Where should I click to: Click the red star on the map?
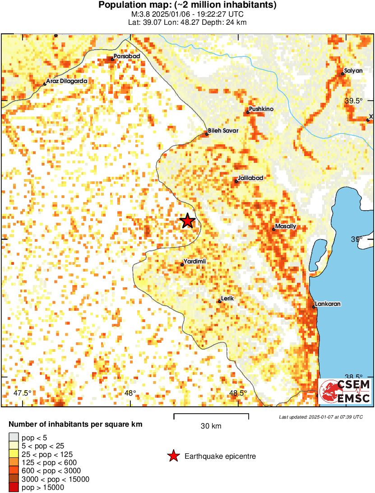pos(187,221)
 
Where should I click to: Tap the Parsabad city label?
pos(127,56)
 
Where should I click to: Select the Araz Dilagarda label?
pos(67,81)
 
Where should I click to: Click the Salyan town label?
pos(353,71)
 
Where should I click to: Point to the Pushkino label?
pos(262,109)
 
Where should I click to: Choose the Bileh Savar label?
pos(223,131)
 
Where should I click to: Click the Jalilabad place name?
pos(250,178)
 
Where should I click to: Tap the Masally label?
pos(286,226)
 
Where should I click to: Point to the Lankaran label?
pos(328,304)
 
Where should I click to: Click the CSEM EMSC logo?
pos(345,391)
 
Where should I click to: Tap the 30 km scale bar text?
pos(211,426)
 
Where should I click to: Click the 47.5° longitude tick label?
pos(23,393)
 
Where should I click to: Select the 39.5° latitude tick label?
pos(353,101)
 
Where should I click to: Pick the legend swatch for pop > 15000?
pos(14,487)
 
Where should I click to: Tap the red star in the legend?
pos(173,456)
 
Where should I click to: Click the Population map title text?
pos(187,5)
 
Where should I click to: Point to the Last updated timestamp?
pos(320,417)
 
